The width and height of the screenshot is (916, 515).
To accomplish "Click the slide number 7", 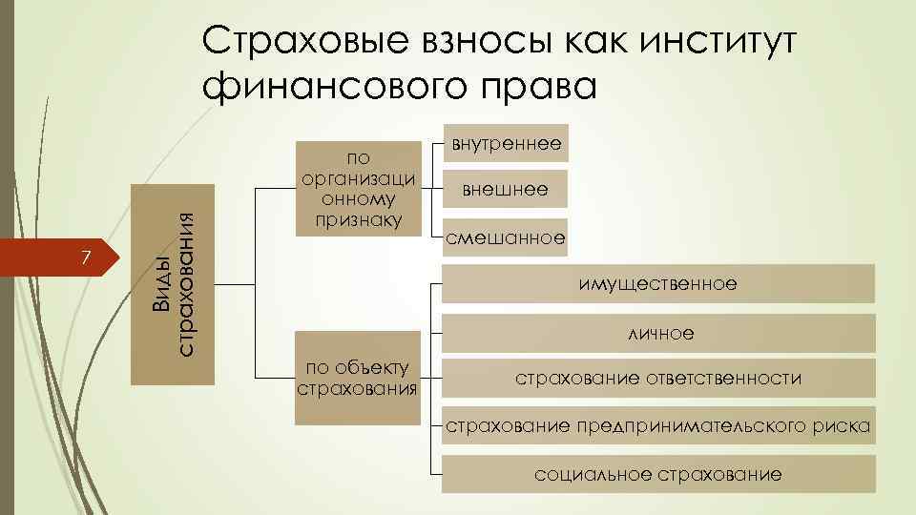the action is click(86, 257).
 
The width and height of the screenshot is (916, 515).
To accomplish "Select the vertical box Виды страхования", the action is click(172, 287).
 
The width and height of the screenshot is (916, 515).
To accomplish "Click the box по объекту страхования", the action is click(357, 378).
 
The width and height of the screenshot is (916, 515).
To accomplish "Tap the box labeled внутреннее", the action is click(506, 143).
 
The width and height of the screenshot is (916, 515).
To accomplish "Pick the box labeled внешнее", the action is click(506, 189).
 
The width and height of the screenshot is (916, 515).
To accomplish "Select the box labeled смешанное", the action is click(506, 237).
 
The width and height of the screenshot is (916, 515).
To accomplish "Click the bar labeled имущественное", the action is click(658, 284).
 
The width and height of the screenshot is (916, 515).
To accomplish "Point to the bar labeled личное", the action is click(658, 333).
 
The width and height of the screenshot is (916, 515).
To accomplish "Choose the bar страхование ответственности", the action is click(658, 379).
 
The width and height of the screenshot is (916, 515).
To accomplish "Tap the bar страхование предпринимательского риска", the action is click(658, 425).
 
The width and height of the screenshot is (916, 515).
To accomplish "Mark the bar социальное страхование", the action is click(658, 473).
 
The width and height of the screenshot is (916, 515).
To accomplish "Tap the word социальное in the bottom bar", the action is click(593, 473).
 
